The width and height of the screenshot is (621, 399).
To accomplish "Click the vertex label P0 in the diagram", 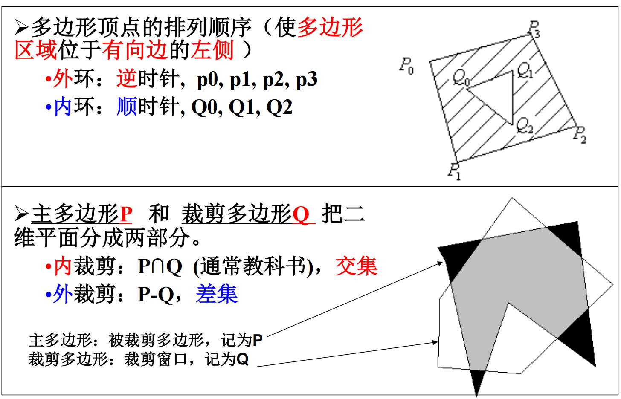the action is [406, 66].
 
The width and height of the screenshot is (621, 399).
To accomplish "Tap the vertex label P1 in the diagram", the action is [454, 171].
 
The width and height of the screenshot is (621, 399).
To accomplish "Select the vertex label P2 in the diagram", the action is [580, 135].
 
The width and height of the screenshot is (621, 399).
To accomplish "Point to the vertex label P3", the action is [534, 29].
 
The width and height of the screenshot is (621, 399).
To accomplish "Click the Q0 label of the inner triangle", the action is [461, 77].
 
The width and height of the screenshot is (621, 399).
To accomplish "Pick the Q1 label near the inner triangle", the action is [525, 70].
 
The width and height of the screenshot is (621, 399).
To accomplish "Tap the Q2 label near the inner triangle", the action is [524, 125].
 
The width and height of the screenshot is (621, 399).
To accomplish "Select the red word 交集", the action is [357, 266].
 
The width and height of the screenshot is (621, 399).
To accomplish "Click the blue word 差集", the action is [217, 294].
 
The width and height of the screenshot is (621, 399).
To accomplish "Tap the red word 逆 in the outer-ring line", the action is [127, 79].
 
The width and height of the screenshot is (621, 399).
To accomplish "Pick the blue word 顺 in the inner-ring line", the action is [127, 107].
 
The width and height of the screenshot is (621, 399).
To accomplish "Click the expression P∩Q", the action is [160, 267].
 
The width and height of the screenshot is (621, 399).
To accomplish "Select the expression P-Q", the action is [156, 294].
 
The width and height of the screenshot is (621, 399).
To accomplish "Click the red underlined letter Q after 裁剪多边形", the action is [301, 214].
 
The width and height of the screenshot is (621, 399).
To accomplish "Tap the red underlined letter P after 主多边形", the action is [126, 214].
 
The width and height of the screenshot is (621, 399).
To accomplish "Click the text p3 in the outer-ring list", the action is [307, 80].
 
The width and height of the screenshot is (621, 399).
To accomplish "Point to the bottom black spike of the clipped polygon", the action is [477, 382].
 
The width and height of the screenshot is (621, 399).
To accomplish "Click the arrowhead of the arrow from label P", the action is [441, 263].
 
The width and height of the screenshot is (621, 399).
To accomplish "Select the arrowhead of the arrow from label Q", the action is [435, 342].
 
